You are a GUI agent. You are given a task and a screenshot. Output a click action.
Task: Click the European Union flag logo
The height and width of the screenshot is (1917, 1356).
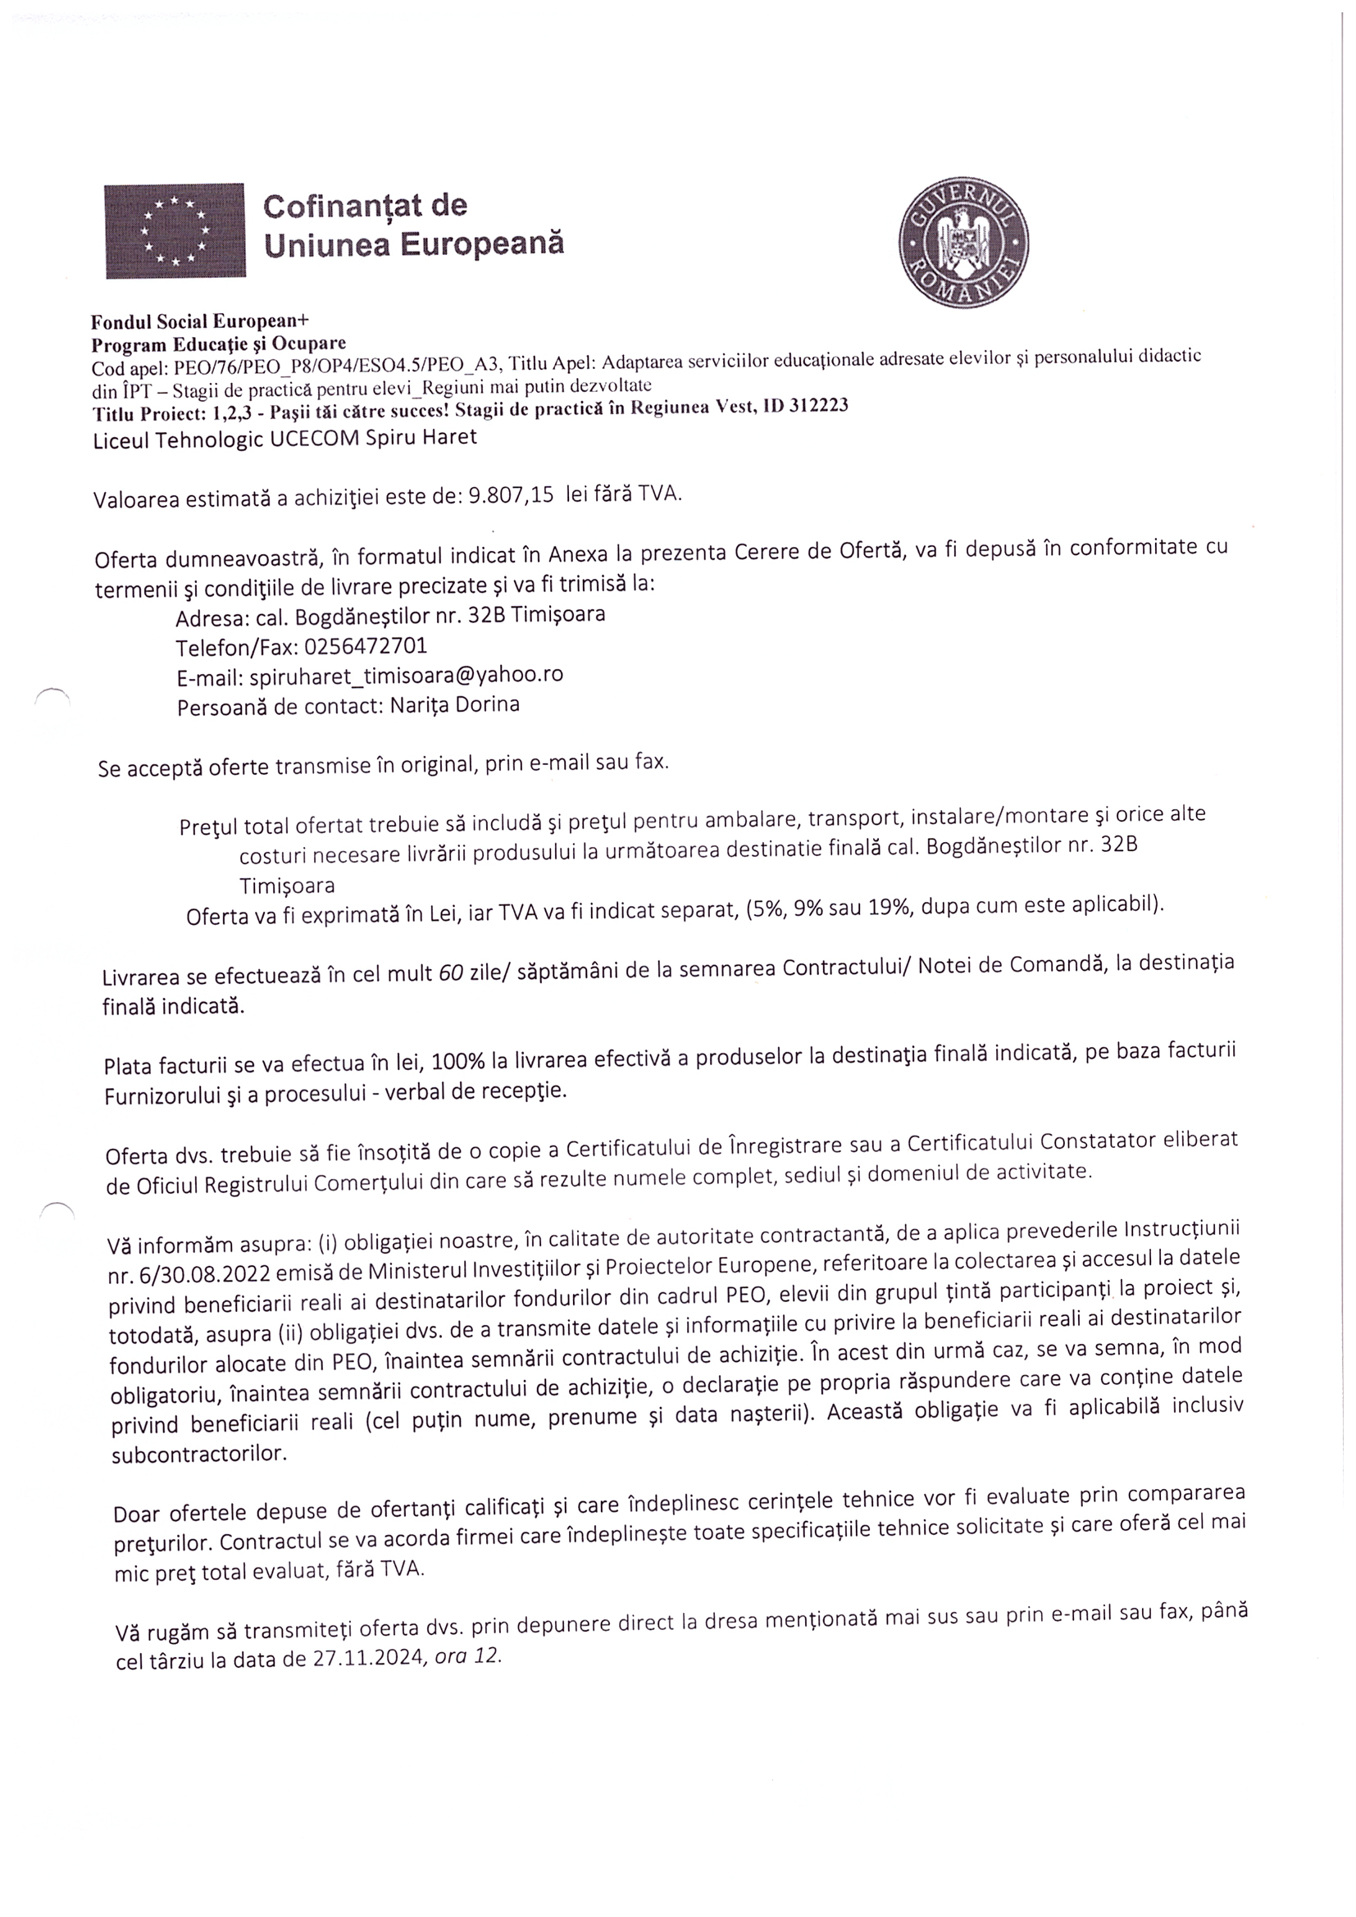175,230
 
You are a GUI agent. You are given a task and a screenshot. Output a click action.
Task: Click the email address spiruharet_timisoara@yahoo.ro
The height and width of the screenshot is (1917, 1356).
406,675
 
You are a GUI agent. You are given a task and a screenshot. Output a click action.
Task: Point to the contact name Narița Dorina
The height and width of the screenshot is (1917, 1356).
455,704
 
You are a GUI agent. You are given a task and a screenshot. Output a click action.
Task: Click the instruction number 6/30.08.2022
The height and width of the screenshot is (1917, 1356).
189,1274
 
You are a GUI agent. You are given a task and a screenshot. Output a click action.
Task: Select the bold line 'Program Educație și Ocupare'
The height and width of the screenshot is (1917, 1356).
218,344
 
